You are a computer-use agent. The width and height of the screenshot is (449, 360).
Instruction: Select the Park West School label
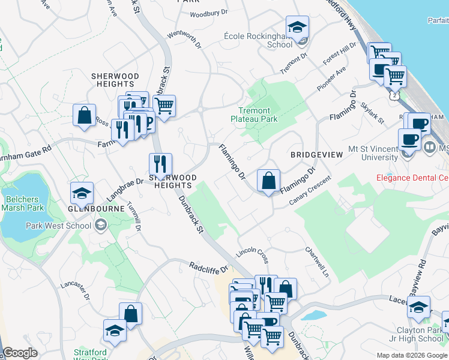[x=59, y=226]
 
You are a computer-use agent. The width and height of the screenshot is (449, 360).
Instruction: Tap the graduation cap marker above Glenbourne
[x=82, y=193]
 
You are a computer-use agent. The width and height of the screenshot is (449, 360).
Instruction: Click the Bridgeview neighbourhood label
[x=316, y=155]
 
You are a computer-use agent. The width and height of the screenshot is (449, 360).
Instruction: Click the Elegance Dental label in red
[x=412, y=178]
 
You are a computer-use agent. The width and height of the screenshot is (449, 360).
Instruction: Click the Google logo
[x=20, y=353]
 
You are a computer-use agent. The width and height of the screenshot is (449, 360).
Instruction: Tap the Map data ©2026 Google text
[x=411, y=355]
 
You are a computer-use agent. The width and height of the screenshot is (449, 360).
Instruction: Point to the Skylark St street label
[x=373, y=113]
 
